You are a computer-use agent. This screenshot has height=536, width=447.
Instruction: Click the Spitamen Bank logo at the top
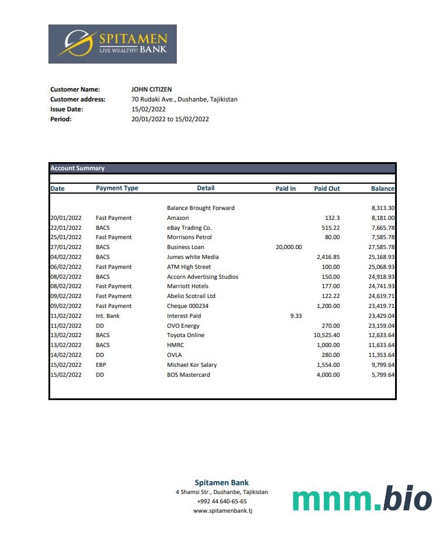click(112, 44)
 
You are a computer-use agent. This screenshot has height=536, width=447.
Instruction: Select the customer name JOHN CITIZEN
click(152, 89)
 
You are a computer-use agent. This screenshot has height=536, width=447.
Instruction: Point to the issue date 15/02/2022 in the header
click(149, 109)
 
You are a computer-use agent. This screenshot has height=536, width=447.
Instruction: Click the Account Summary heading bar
click(222, 169)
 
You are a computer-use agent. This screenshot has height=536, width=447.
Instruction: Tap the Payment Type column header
click(117, 188)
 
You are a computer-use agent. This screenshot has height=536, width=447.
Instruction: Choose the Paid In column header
click(285, 188)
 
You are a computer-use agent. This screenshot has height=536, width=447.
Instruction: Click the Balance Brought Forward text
click(201, 208)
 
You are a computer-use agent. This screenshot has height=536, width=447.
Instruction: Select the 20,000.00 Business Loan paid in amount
click(288, 247)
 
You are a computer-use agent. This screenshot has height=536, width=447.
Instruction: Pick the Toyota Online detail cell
click(186, 335)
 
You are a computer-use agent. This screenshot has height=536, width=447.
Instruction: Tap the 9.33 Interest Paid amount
click(296, 316)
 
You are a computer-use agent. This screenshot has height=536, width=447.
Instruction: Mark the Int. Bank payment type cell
click(107, 316)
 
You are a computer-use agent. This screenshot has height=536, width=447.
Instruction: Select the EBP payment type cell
click(101, 365)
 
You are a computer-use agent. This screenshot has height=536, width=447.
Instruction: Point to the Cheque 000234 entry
click(187, 306)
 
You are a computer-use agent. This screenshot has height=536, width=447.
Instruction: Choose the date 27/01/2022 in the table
click(65, 247)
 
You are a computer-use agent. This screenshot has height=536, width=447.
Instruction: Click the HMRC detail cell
click(175, 345)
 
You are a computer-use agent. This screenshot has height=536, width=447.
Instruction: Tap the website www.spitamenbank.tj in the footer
click(222, 511)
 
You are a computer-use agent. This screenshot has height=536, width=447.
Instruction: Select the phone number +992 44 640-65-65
click(222, 502)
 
